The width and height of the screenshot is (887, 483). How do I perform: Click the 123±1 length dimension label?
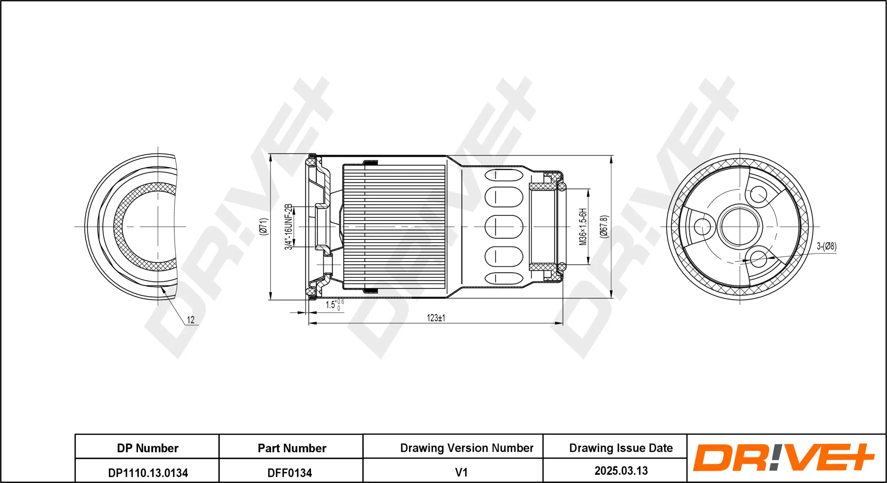[436, 318]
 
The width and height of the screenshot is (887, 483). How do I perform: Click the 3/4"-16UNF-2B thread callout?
[288, 227]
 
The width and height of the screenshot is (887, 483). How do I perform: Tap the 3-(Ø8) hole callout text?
[826, 246]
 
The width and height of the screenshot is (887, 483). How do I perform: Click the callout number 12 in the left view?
[191, 320]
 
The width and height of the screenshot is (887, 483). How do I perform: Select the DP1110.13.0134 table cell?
[148, 473]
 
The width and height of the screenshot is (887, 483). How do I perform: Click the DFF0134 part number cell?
[290, 473]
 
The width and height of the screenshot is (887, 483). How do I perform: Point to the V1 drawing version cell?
[461, 472]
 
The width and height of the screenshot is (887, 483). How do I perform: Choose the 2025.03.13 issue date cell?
[621, 471]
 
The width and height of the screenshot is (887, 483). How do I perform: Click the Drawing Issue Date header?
[621, 448]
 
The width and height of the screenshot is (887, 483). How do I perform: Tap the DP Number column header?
[148, 448]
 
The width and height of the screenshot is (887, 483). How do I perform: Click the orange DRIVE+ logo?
[783, 457]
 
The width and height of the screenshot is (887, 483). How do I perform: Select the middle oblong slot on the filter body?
[503, 227]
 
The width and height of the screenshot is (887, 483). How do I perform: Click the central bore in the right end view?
[740, 226]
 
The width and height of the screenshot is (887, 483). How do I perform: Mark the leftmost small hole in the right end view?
[702, 227]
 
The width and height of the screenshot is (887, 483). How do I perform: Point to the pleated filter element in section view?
[394, 227]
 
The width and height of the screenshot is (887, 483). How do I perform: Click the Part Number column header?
[292, 448]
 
